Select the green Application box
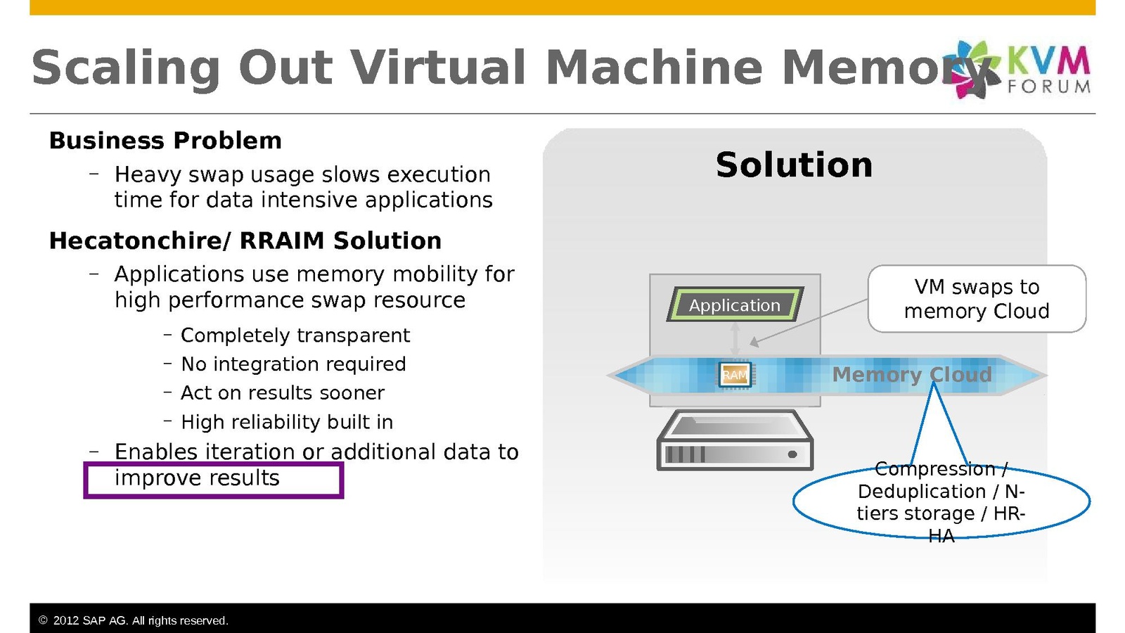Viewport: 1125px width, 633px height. click(735, 305)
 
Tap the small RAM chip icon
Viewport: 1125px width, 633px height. click(735, 375)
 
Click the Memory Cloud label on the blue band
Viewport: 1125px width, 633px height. click(911, 375)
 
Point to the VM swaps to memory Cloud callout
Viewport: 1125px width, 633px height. click(977, 299)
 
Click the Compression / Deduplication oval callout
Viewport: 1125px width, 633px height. click(941, 501)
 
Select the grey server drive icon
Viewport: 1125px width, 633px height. click(735, 441)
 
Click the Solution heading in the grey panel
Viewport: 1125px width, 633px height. click(794, 165)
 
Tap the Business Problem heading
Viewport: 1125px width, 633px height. click(165, 141)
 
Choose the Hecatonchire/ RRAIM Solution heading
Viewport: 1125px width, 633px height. click(245, 241)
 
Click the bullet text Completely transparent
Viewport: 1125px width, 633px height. click(295, 335)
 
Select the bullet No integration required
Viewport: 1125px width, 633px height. click(293, 364)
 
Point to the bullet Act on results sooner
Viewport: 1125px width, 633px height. click(283, 393)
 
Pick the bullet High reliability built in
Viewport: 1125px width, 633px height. click(287, 422)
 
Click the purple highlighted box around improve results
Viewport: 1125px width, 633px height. click(213, 480)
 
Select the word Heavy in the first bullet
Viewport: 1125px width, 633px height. click(143, 174)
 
